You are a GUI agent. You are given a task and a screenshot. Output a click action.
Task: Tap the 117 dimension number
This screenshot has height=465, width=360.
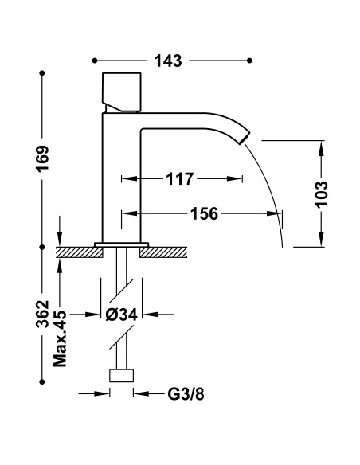180,180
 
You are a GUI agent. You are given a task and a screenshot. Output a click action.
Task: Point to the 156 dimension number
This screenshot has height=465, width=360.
205,213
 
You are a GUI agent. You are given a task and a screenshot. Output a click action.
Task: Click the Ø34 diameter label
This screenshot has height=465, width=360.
122,315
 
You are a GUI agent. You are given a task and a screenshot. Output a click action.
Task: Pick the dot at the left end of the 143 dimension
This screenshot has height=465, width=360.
94,61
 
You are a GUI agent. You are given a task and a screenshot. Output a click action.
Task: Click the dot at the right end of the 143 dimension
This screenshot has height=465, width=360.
250,61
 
